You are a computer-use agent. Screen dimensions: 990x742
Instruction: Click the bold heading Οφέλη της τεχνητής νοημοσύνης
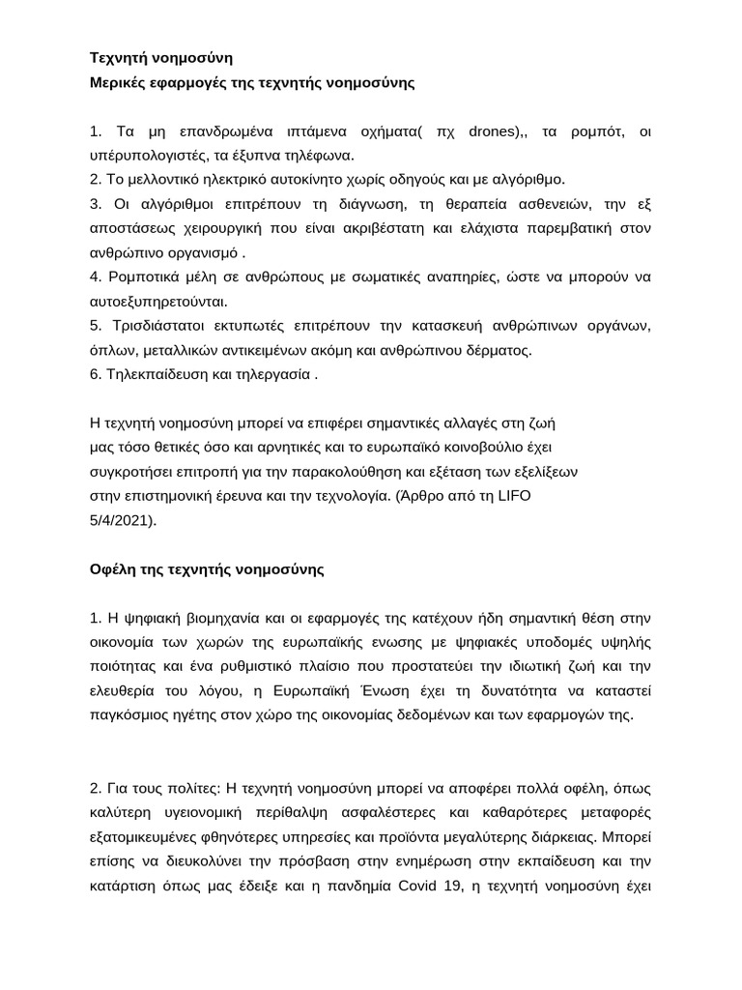[x=207, y=569]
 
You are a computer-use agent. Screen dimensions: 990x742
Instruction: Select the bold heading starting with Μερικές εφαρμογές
[x=251, y=83]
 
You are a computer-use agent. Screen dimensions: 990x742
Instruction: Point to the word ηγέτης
[x=197, y=715]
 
